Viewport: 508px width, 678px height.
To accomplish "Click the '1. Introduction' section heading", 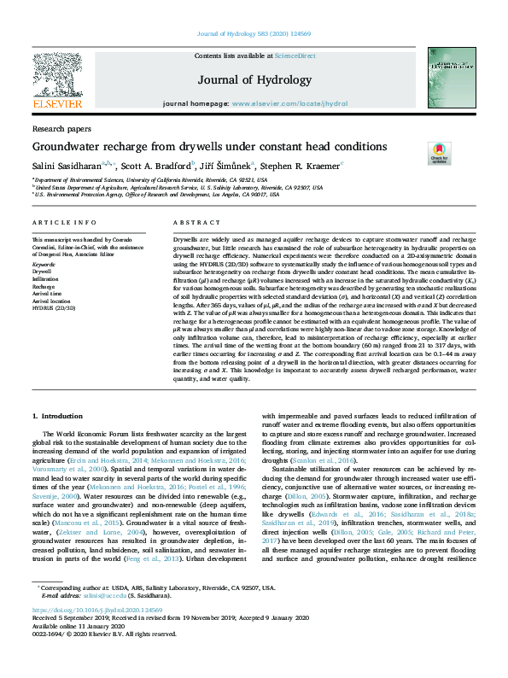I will [61, 415].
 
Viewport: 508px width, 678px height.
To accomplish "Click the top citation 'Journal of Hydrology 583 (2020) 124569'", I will [254, 33].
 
